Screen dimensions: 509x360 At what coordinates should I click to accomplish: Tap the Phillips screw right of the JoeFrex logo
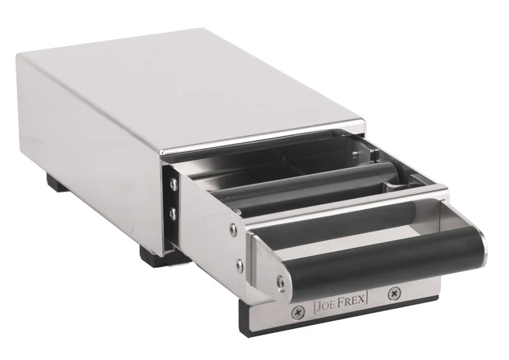[x=394, y=294]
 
